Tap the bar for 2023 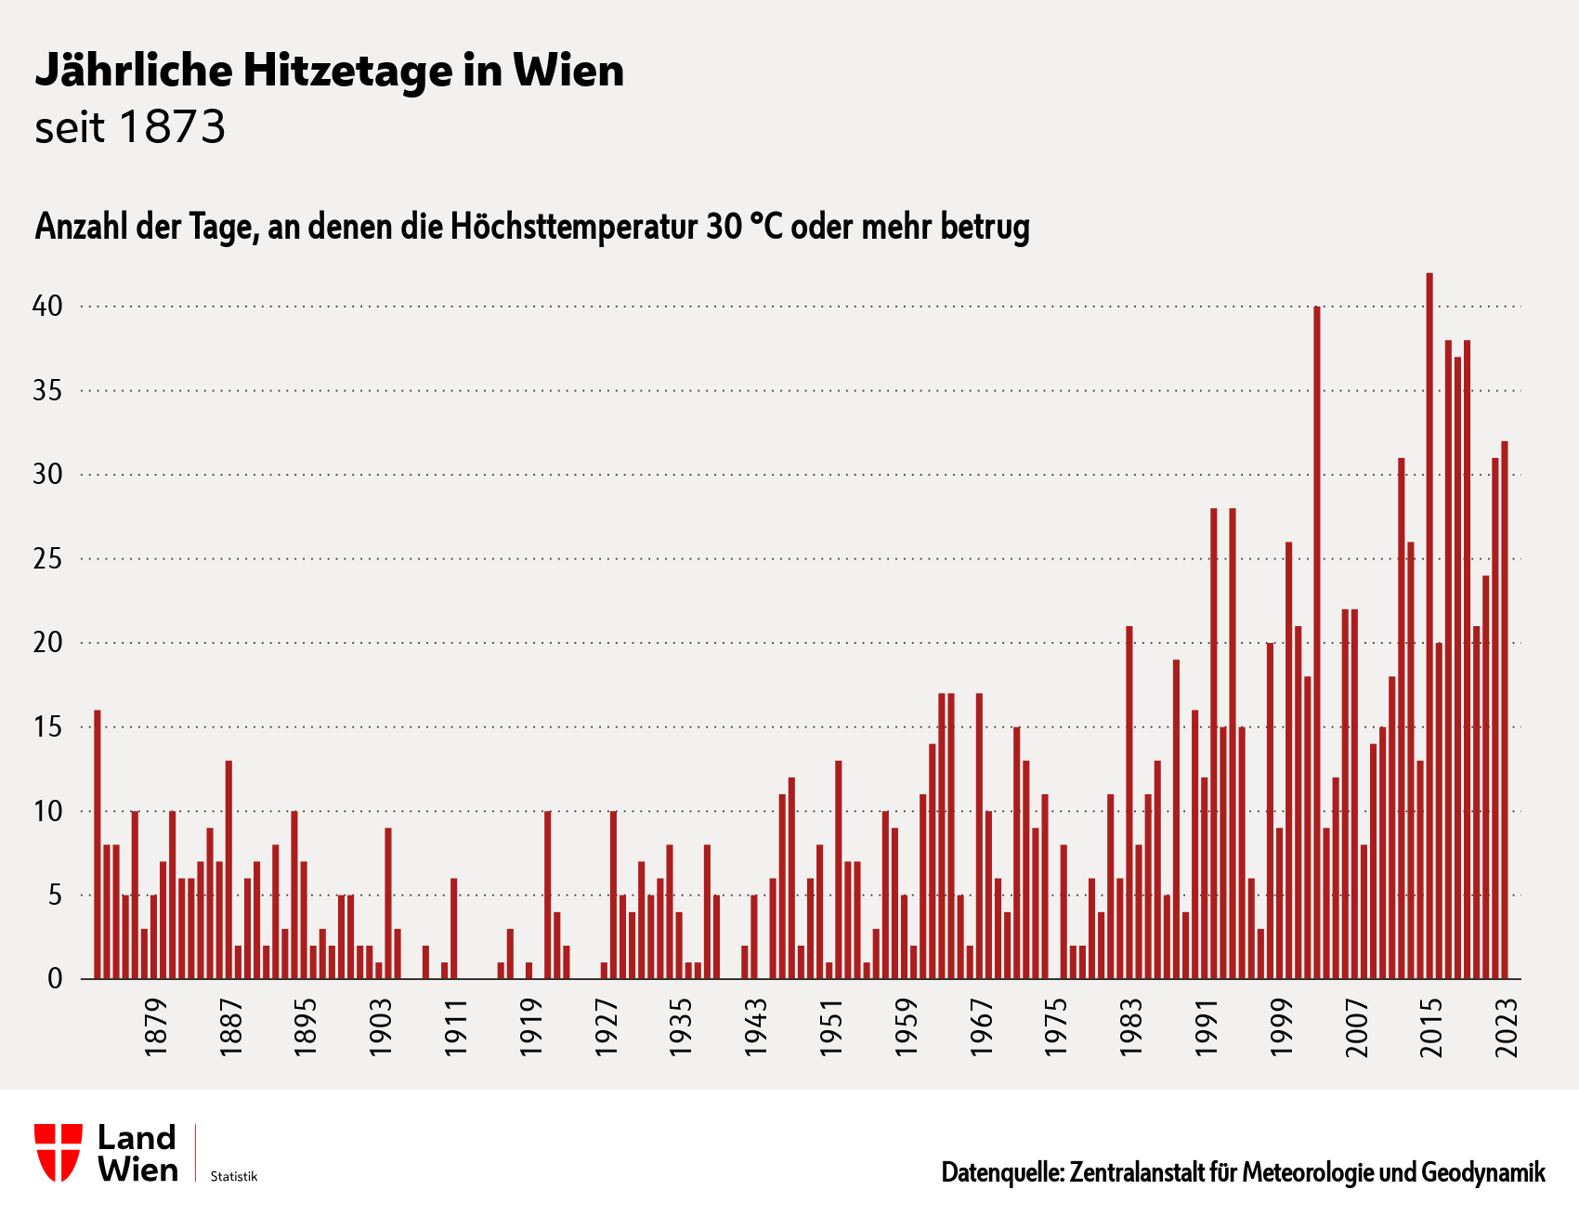coord(1505,710)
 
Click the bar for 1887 coord(228,870)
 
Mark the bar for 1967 coord(979,836)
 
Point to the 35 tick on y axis coord(47,391)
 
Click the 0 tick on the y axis coord(55,979)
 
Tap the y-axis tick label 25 coord(47,559)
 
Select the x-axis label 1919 coord(531,1026)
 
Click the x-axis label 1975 coord(1056,1026)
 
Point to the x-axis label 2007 coord(1357,1026)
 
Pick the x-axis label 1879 coord(156,1026)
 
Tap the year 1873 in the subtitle coord(173,128)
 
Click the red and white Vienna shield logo coord(58,1152)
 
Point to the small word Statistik coord(233,1177)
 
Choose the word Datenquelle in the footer coord(1002,1172)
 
